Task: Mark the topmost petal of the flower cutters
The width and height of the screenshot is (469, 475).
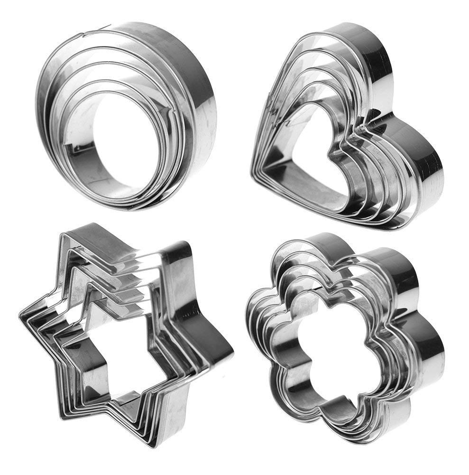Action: coord(327,242)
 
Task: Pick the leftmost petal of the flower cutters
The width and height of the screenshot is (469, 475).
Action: coord(254,327)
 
